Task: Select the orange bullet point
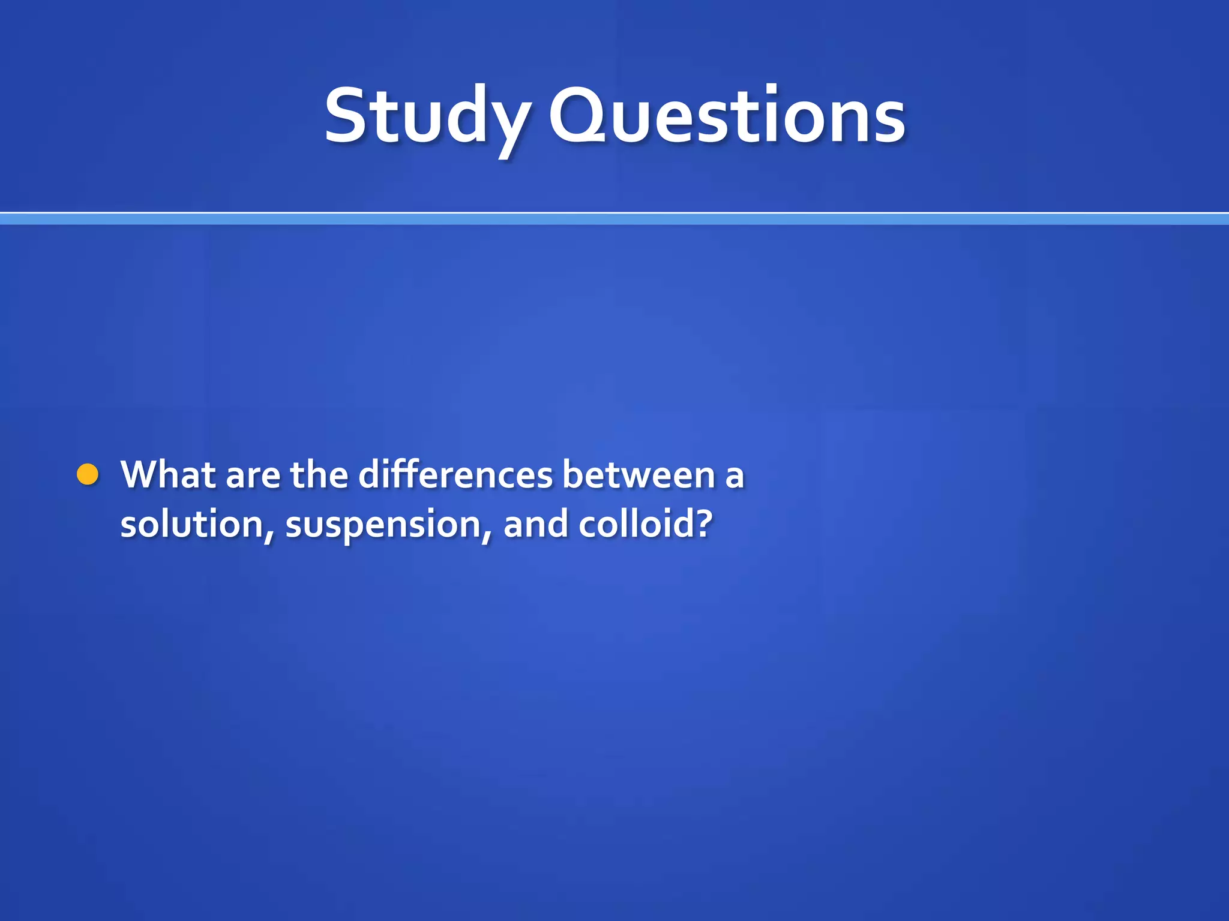pos(88,474)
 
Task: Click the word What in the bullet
pos(169,474)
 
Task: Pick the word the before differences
pos(319,474)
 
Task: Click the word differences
pos(455,474)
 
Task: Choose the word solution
pos(191,523)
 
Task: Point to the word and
pos(535,523)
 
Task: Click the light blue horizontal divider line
pos(614,219)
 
